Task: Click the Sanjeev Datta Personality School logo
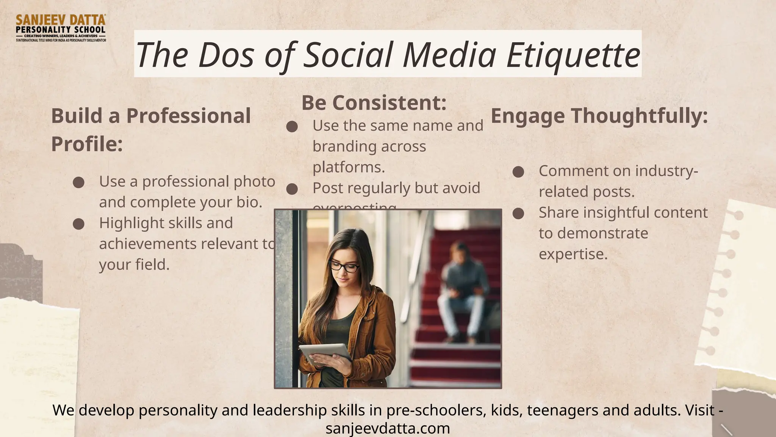61,28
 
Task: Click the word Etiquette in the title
574,55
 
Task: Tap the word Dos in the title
226,55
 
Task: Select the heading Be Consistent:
374,103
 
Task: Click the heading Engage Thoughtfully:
599,116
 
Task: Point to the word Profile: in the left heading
87,144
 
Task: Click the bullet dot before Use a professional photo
78,182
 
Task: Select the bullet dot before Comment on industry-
518,172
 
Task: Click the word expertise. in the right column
573,254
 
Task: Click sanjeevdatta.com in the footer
388,429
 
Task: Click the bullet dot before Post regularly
292,189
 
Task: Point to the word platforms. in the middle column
349,167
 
